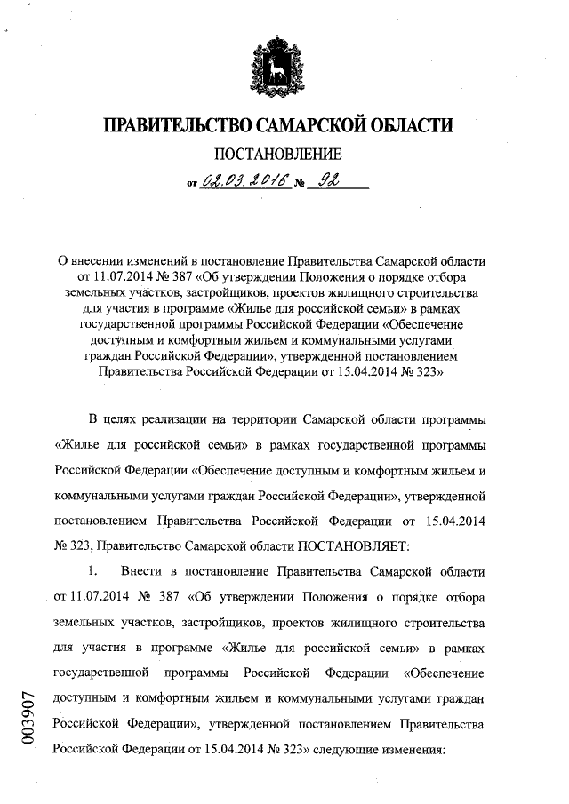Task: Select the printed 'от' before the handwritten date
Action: [192, 186]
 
